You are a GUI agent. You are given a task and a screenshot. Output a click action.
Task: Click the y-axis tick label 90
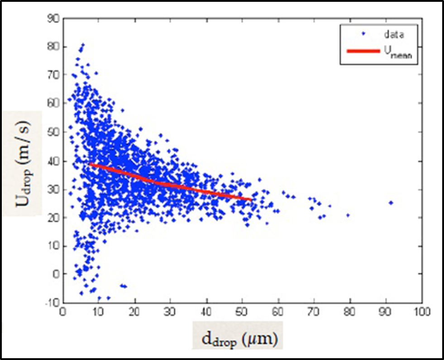[x=53, y=19]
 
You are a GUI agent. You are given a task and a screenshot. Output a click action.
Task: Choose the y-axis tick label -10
[x=52, y=302]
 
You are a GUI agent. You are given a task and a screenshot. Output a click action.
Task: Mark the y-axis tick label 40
[x=53, y=161]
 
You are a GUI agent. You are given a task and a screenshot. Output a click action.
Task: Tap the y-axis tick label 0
[x=56, y=274]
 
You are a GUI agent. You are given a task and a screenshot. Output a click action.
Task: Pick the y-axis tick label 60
[x=53, y=104]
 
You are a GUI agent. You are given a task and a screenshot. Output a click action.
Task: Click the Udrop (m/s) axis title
[x=23, y=163]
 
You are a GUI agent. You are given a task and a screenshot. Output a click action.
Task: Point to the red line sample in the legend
[x=363, y=52]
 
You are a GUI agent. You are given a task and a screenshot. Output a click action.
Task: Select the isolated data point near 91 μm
[x=391, y=203]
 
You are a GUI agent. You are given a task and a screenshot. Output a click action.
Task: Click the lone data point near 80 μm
[x=348, y=215]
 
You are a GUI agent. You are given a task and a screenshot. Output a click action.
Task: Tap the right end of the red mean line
[x=251, y=199]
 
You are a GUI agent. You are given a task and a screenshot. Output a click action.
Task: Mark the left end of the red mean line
[x=90, y=164]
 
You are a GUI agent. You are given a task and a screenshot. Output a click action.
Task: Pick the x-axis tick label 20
[x=134, y=312]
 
